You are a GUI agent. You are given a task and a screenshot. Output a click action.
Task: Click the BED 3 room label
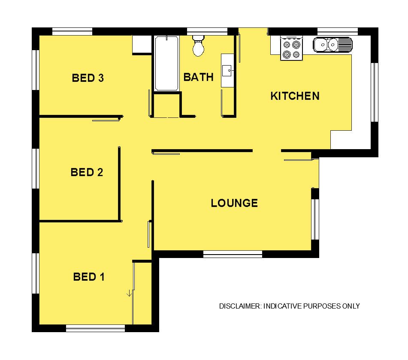(88, 78)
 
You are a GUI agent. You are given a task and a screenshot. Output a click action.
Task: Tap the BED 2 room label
(87, 172)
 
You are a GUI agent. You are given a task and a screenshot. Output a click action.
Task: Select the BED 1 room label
(89, 277)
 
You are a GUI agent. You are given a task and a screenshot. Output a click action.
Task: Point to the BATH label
(198, 77)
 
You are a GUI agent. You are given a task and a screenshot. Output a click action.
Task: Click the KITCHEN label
(295, 96)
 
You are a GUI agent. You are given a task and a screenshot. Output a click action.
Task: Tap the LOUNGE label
(234, 203)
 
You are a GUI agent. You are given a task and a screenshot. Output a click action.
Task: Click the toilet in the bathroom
(198, 46)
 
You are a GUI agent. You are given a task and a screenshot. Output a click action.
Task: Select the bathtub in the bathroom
(166, 63)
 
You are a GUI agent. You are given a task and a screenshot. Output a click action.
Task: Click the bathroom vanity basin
(227, 70)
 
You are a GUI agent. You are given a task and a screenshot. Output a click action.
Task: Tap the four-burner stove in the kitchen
(291, 48)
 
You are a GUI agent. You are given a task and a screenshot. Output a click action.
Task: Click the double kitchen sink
(332, 45)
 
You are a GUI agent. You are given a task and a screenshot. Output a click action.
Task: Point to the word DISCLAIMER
(240, 306)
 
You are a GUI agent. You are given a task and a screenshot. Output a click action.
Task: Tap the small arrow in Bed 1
(129, 294)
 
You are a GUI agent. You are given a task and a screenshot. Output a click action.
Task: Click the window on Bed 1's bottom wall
(96, 328)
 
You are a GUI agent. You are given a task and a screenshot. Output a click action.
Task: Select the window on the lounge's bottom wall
(233, 254)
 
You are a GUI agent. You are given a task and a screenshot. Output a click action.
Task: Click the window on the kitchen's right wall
(375, 92)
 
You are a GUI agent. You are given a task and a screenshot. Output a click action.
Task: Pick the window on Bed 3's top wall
(73, 31)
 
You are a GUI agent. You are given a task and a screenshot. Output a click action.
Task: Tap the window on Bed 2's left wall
(36, 168)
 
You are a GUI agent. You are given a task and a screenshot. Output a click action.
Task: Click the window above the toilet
(207, 31)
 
